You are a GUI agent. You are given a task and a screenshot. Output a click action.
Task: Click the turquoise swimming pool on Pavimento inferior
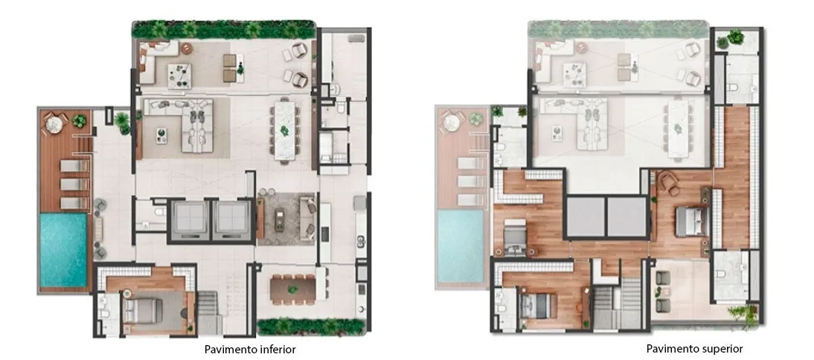pos(63,250)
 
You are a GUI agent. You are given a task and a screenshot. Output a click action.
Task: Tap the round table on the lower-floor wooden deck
pos(54,124)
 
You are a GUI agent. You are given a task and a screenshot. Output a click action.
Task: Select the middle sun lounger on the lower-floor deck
pos(74,184)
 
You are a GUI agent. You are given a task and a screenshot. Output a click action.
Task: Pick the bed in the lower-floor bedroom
pos(141,310)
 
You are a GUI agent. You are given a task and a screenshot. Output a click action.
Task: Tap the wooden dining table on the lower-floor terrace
pos(293,289)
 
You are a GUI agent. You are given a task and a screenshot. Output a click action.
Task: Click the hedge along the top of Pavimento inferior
pos(224,30)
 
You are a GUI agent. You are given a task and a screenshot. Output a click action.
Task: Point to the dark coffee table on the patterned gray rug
pos(280,219)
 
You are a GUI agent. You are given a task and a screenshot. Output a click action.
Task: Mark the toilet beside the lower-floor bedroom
pos(103,314)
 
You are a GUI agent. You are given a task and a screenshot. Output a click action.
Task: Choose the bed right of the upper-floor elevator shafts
pos(691,222)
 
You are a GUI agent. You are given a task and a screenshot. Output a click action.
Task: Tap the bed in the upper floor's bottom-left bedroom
pos(538,306)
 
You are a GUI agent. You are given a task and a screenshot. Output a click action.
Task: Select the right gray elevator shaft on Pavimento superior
pos(626,217)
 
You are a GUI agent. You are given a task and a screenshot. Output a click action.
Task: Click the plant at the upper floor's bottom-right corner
pos(743,314)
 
